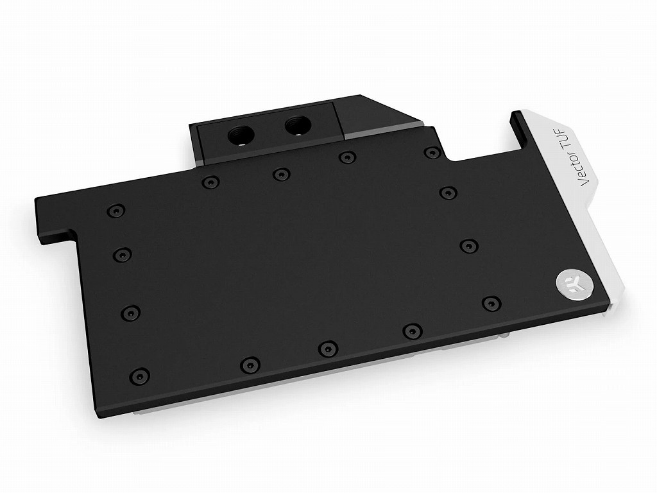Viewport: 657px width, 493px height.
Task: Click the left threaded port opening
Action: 241,135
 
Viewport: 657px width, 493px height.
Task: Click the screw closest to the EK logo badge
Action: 491,304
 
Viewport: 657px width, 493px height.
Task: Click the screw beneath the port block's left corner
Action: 210,182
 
